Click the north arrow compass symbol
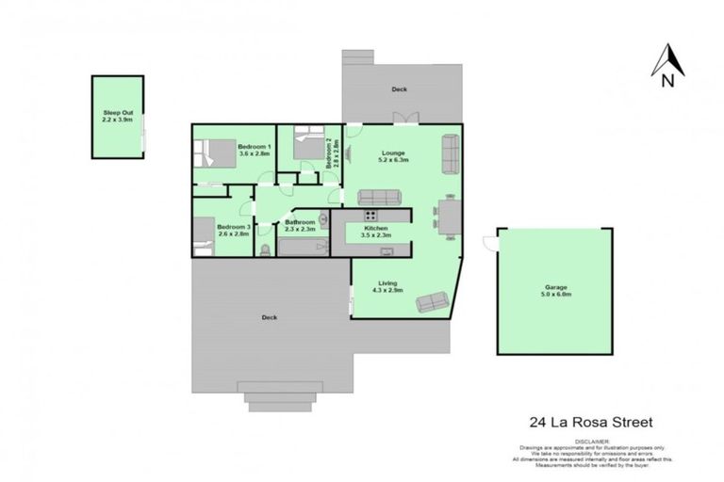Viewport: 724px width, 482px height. click(x=667, y=64)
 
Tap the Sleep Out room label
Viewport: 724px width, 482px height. click(x=118, y=117)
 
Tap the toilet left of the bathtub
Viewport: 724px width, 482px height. click(x=265, y=249)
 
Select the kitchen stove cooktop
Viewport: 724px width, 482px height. click(x=369, y=216)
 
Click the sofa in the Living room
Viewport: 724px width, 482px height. click(x=432, y=301)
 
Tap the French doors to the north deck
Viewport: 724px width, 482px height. click(x=405, y=119)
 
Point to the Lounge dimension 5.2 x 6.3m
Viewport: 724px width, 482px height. click(x=394, y=160)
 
